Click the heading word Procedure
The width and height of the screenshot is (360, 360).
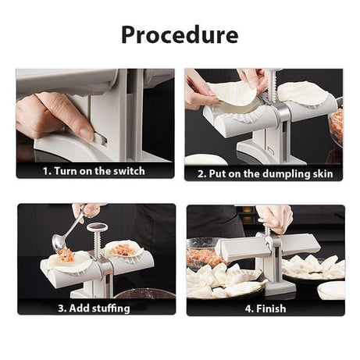(180, 35)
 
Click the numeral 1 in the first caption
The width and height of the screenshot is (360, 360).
(46, 170)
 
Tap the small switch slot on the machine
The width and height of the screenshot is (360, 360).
(98, 138)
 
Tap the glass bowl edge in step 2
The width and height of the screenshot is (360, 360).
(337, 125)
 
